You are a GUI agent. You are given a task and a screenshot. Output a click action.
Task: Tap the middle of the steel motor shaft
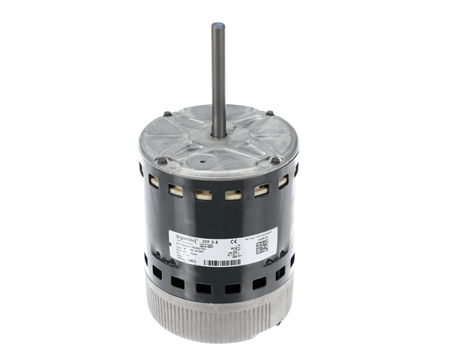pyautogui.click(x=218, y=79)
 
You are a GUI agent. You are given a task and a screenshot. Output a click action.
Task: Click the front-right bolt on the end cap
pyautogui.click(x=275, y=160)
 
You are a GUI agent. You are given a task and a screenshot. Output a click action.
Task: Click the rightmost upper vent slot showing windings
pyautogui.click(x=283, y=181)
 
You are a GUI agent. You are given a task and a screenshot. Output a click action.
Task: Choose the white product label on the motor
pyautogui.click(x=222, y=247)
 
